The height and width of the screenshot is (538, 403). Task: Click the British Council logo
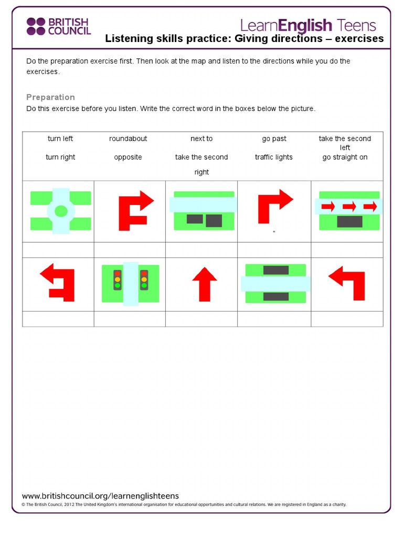tap(58, 26)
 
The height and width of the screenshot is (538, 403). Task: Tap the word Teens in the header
tap(356, 25)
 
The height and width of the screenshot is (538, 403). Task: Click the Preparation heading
tap(50, 97)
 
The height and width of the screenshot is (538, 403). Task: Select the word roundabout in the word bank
tap(128, 139)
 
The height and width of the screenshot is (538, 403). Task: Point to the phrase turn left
tap(60, 139)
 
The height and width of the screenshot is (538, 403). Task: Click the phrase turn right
tap(60, 157)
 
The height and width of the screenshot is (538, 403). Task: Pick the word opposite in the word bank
tap(128, 157)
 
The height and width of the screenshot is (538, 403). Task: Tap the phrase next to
tap(201, 139)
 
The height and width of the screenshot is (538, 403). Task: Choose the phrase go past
tap(274, 139)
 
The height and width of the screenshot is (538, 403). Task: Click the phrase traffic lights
tap(274, 157)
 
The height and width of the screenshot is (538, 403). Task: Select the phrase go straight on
tap(345, 157)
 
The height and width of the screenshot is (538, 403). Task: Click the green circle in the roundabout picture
tap(61, 211)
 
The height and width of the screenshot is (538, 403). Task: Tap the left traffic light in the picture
tap(117, 280)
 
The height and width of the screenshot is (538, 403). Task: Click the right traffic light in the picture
tap(144, 280)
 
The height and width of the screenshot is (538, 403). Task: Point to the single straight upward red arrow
tap(204, 284)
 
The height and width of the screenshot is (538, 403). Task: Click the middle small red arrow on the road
tap(349, 206)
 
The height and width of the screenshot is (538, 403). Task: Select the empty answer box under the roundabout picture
tap(58, 250)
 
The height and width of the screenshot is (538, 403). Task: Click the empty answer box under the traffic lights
tap(130, 319)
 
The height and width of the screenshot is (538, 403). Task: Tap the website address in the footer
tap(100, 495)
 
